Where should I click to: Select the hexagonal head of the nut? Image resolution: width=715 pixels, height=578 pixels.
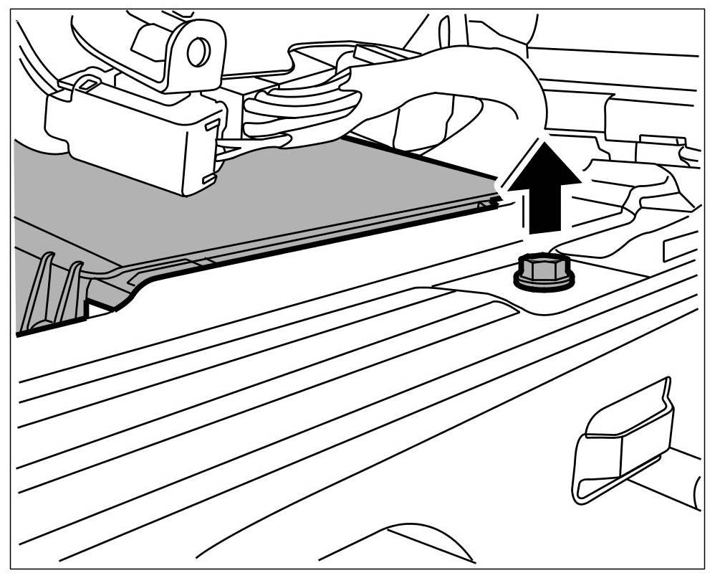click(x=542, y=268)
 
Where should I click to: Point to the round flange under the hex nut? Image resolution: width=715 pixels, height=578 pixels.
click(x=544, y=284)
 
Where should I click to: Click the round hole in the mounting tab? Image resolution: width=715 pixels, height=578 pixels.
click(x=196, y=52)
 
